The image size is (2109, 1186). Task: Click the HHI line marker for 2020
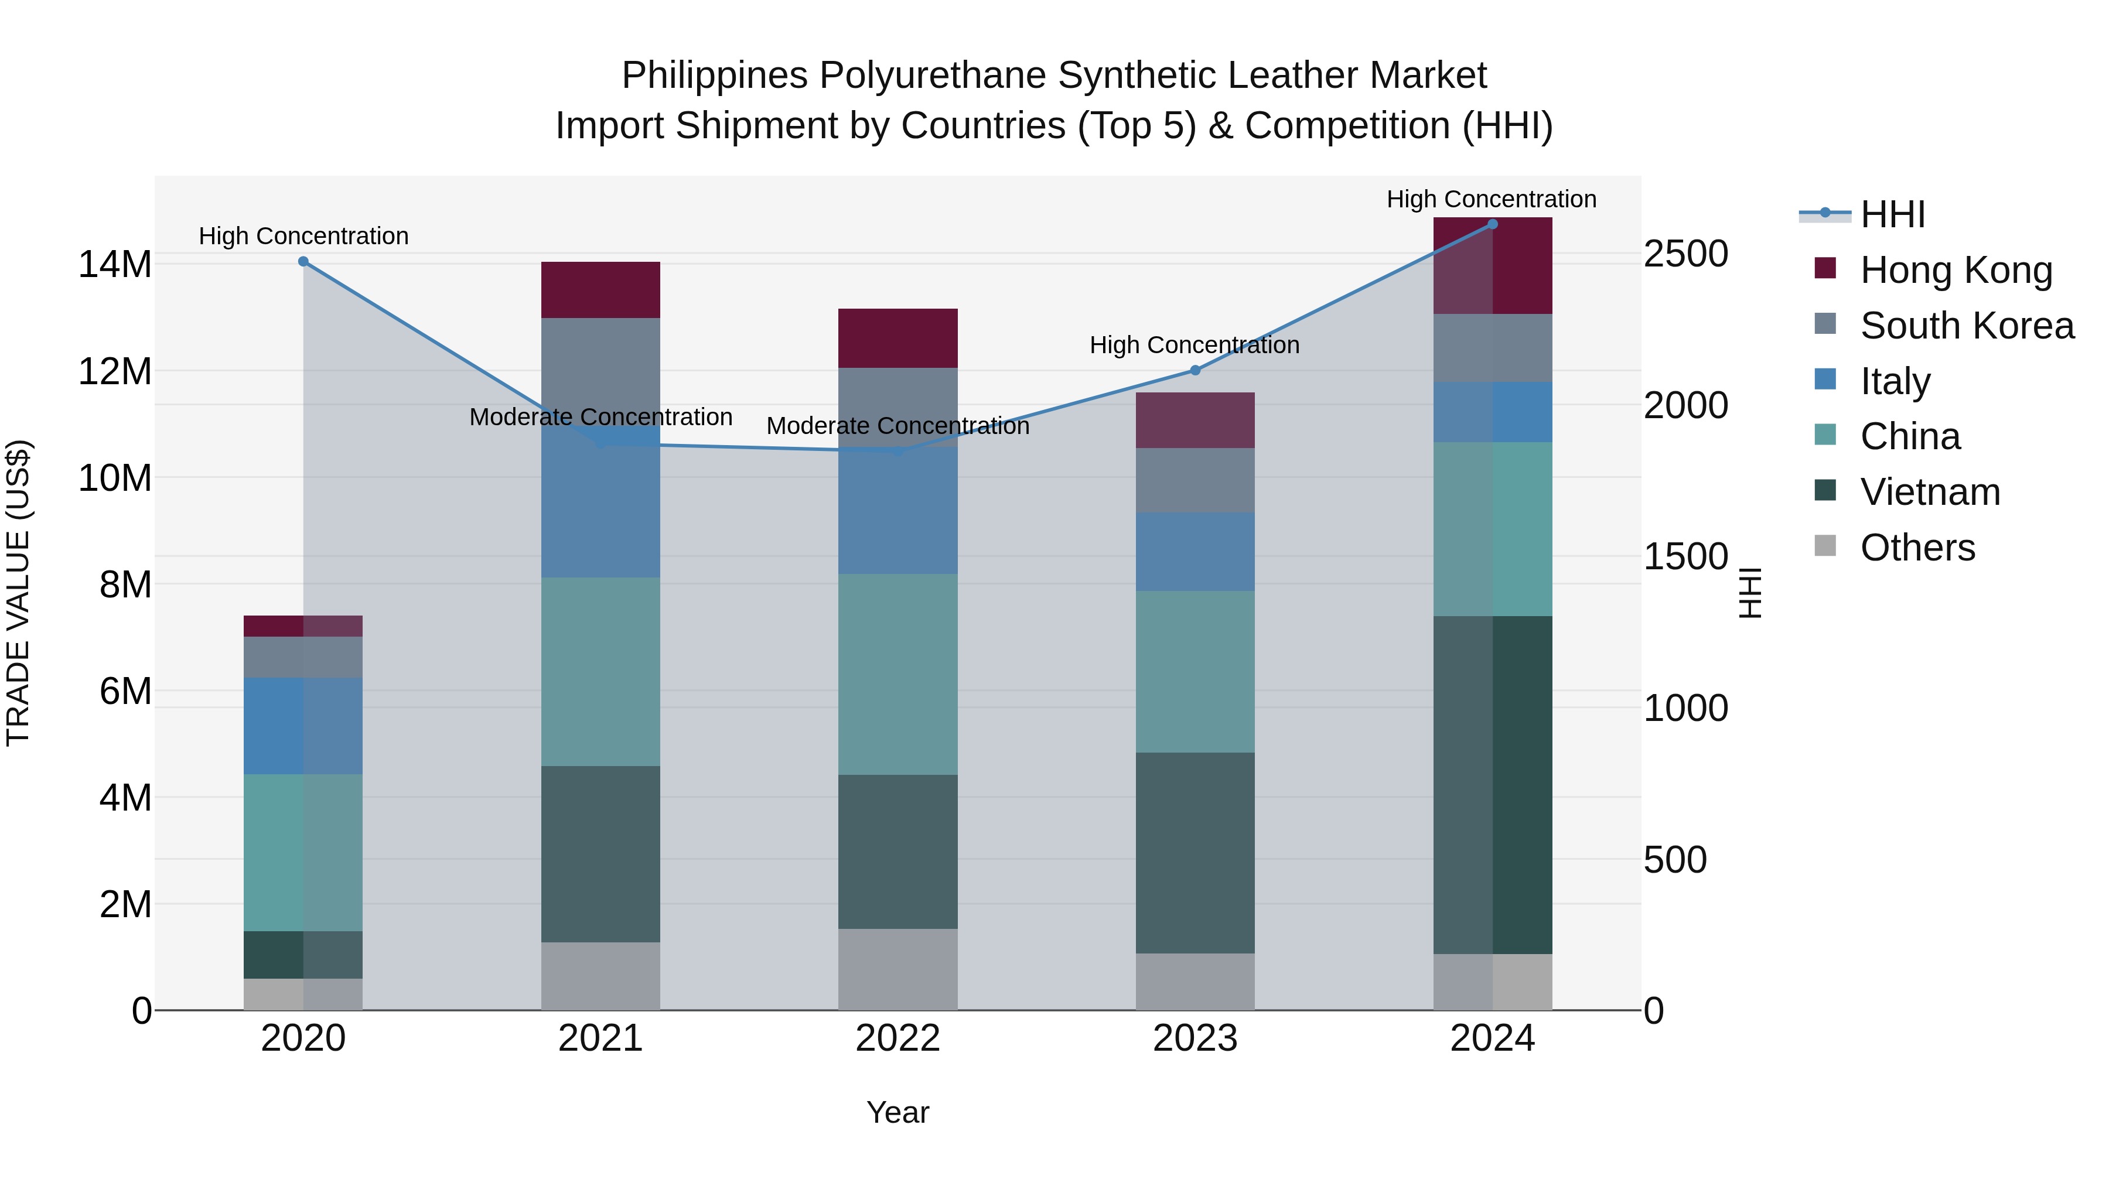click(303, 262)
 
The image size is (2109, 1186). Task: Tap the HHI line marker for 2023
click(1195, 371)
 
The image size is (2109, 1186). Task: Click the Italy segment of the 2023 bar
click(1195, 552)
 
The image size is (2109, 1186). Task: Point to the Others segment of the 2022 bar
click(897, 969)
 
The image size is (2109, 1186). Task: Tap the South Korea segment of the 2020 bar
click(303, 657)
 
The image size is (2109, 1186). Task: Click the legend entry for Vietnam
click(1930, 492)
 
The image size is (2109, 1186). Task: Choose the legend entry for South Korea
click(1967, 326)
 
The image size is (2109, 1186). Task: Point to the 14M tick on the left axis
click(115, 264)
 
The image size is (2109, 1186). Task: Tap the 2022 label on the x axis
click(897, 1038)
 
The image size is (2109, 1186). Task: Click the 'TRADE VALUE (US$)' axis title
click(18, 593)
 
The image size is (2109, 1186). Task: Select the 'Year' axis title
click(897, 1112)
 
